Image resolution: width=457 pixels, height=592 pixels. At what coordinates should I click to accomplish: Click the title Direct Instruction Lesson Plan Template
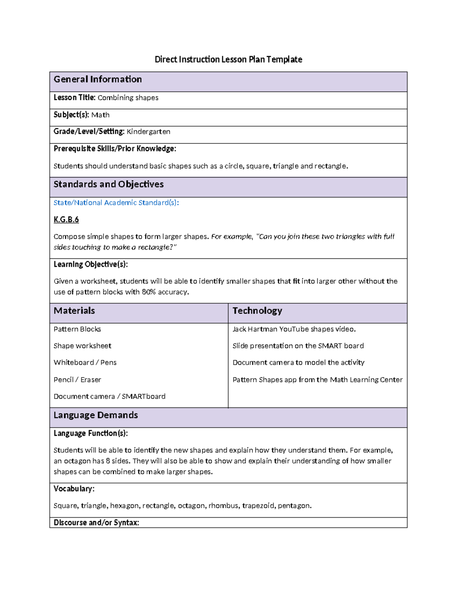[228, 59]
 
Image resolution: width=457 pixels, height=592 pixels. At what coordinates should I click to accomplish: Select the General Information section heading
[97, 79]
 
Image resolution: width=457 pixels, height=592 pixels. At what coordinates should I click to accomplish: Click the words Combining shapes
[128, 98]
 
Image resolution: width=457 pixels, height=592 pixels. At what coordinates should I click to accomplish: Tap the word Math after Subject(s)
[101, 115]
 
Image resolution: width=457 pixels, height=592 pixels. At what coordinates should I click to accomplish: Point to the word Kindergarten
[149, 132]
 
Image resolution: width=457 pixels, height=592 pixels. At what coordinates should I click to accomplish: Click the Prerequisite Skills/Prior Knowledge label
[115, 149]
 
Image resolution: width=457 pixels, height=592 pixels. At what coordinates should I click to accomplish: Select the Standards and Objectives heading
[109, 184]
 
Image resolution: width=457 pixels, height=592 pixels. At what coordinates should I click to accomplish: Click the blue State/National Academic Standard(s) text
[116, 203]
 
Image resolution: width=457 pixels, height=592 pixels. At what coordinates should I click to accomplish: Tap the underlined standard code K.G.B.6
[66, 220]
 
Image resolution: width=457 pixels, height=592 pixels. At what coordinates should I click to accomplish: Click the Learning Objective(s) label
[91, 264]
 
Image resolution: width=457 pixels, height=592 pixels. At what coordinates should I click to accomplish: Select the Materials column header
[74, 311]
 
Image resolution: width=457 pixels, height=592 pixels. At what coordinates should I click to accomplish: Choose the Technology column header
[257, 311]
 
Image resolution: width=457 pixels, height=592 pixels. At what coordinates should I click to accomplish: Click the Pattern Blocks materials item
[77, 329]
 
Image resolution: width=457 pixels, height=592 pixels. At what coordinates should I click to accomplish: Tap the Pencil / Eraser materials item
[77, 380]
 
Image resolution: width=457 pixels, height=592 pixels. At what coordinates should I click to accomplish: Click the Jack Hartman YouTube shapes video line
[294, 329]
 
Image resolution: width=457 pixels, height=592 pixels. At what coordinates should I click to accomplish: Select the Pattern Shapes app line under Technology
[317, 380]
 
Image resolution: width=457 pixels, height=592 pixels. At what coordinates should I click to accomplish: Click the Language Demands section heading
[96, 415]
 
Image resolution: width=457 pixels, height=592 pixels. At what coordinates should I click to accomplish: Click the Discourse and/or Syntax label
[96, 523]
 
